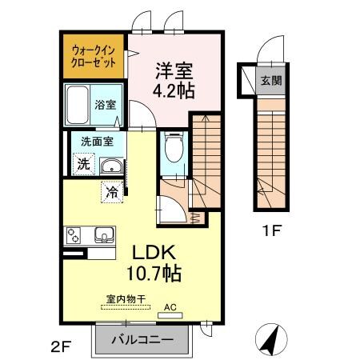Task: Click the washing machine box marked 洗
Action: coord(84,163)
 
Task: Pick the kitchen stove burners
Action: coord(74,236)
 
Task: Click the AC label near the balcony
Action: coord(170,306)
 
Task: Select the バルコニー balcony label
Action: coord(142,339)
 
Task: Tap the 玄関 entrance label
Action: coord(270,81)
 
